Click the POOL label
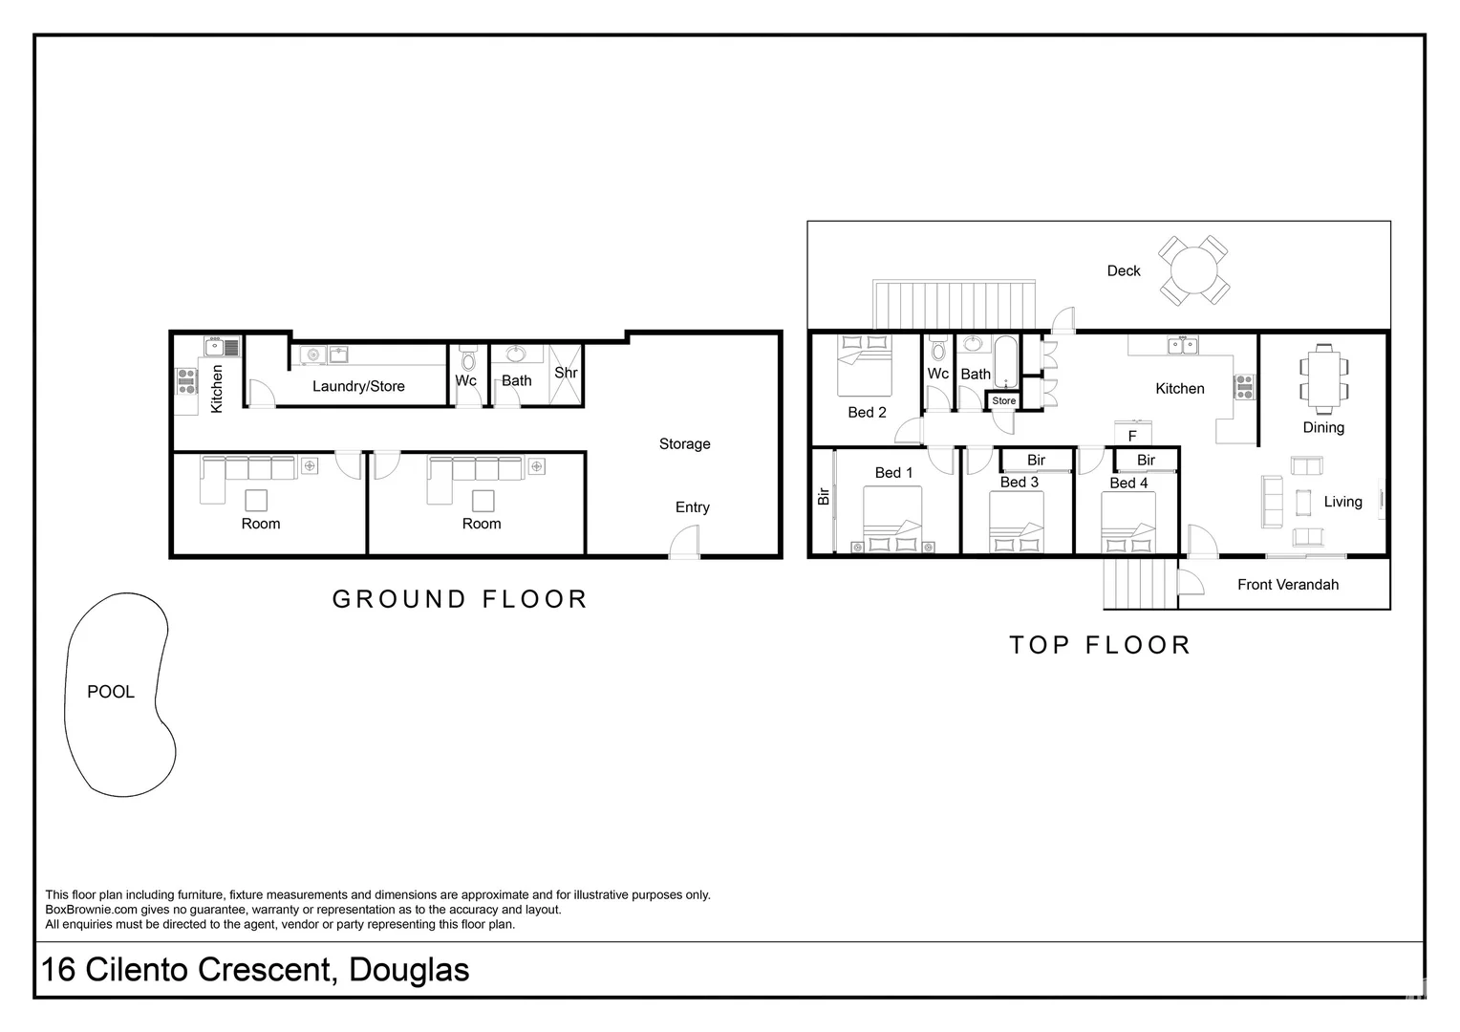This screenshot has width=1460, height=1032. (111, 692)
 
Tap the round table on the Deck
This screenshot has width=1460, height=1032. (1193, 269)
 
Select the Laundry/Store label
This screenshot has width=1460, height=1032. (358, 386)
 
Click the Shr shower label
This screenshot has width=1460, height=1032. (566, 373)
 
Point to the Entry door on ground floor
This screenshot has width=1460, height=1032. (684, 543)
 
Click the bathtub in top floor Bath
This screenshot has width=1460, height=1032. (1006, 362)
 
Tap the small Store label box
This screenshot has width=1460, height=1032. (1003, 401)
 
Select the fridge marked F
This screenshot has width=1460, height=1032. (1133, 434)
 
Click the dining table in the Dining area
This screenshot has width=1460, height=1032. (1323, 379)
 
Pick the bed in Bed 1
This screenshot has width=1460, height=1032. (893, 520)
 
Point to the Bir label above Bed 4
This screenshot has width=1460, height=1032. (1146, 461)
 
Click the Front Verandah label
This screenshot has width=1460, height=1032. (1288, 585)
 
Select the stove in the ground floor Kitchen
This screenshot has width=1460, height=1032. (187, 381)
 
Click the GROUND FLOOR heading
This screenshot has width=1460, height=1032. (461, 599)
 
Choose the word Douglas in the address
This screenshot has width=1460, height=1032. (409, 970)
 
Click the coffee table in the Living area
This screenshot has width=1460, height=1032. (1303, 502)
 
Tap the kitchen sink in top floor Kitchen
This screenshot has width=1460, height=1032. (1182, 345)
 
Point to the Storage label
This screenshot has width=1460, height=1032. (684, 444)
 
